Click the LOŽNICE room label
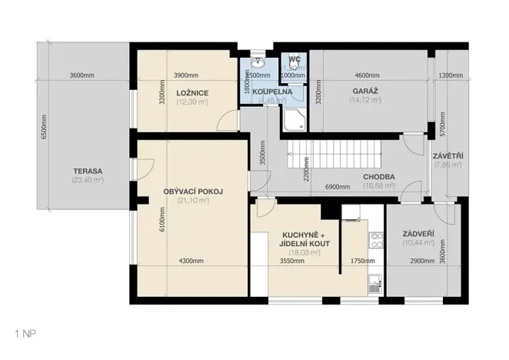point(193,92)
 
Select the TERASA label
point(88,171)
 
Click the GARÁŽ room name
point(364,91)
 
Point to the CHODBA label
point(379,176)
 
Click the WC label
point(294,59)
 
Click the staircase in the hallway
point(334,153)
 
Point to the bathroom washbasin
point(258,63)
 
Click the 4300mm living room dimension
point(191,261)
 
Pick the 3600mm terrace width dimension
point(82,75)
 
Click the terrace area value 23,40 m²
point(88,180)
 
